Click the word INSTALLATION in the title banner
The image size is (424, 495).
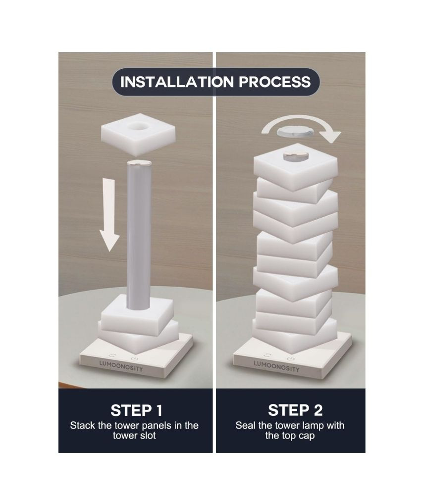pos(177,82)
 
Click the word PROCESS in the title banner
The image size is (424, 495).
pos(274,82)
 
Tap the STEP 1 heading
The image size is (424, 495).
pos(136,410)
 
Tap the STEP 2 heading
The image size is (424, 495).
pos(295,410)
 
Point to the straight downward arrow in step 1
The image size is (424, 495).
pos(109,215)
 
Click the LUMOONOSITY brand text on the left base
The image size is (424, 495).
pos(121,366)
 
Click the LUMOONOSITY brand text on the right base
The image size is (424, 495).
pos(276,366)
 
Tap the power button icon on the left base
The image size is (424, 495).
pos(135,359)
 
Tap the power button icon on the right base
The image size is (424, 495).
pos(290,359)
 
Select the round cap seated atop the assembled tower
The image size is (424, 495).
pos(295,156)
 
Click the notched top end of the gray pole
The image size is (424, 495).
pos(139,163)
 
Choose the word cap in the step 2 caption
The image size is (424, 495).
pos(307,436)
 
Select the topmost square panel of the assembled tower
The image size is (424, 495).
pos(295,168)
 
